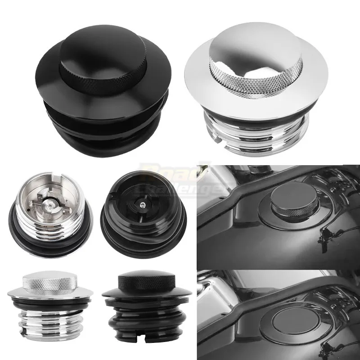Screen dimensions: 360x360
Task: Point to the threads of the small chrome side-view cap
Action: tap(49, 322)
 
